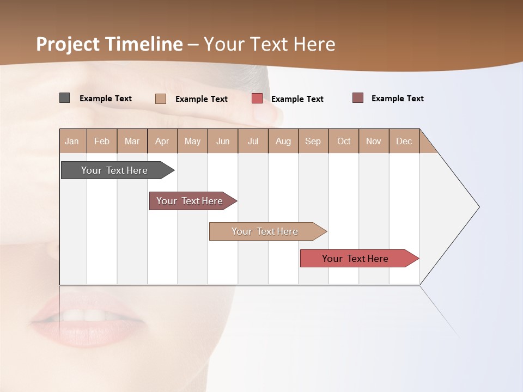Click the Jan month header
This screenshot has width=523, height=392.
72,141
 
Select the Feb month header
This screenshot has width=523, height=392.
102,141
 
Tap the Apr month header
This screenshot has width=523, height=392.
162,141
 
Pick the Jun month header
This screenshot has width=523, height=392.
223,141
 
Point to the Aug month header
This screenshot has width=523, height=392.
283,141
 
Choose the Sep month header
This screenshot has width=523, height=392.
313,141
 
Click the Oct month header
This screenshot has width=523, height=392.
344,141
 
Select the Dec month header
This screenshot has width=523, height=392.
404,141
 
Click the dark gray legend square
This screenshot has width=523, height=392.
65,98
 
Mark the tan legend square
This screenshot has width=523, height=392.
161,99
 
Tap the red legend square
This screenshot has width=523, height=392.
257,99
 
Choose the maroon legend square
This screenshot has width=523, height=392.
358,98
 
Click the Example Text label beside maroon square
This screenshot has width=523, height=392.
397,99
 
